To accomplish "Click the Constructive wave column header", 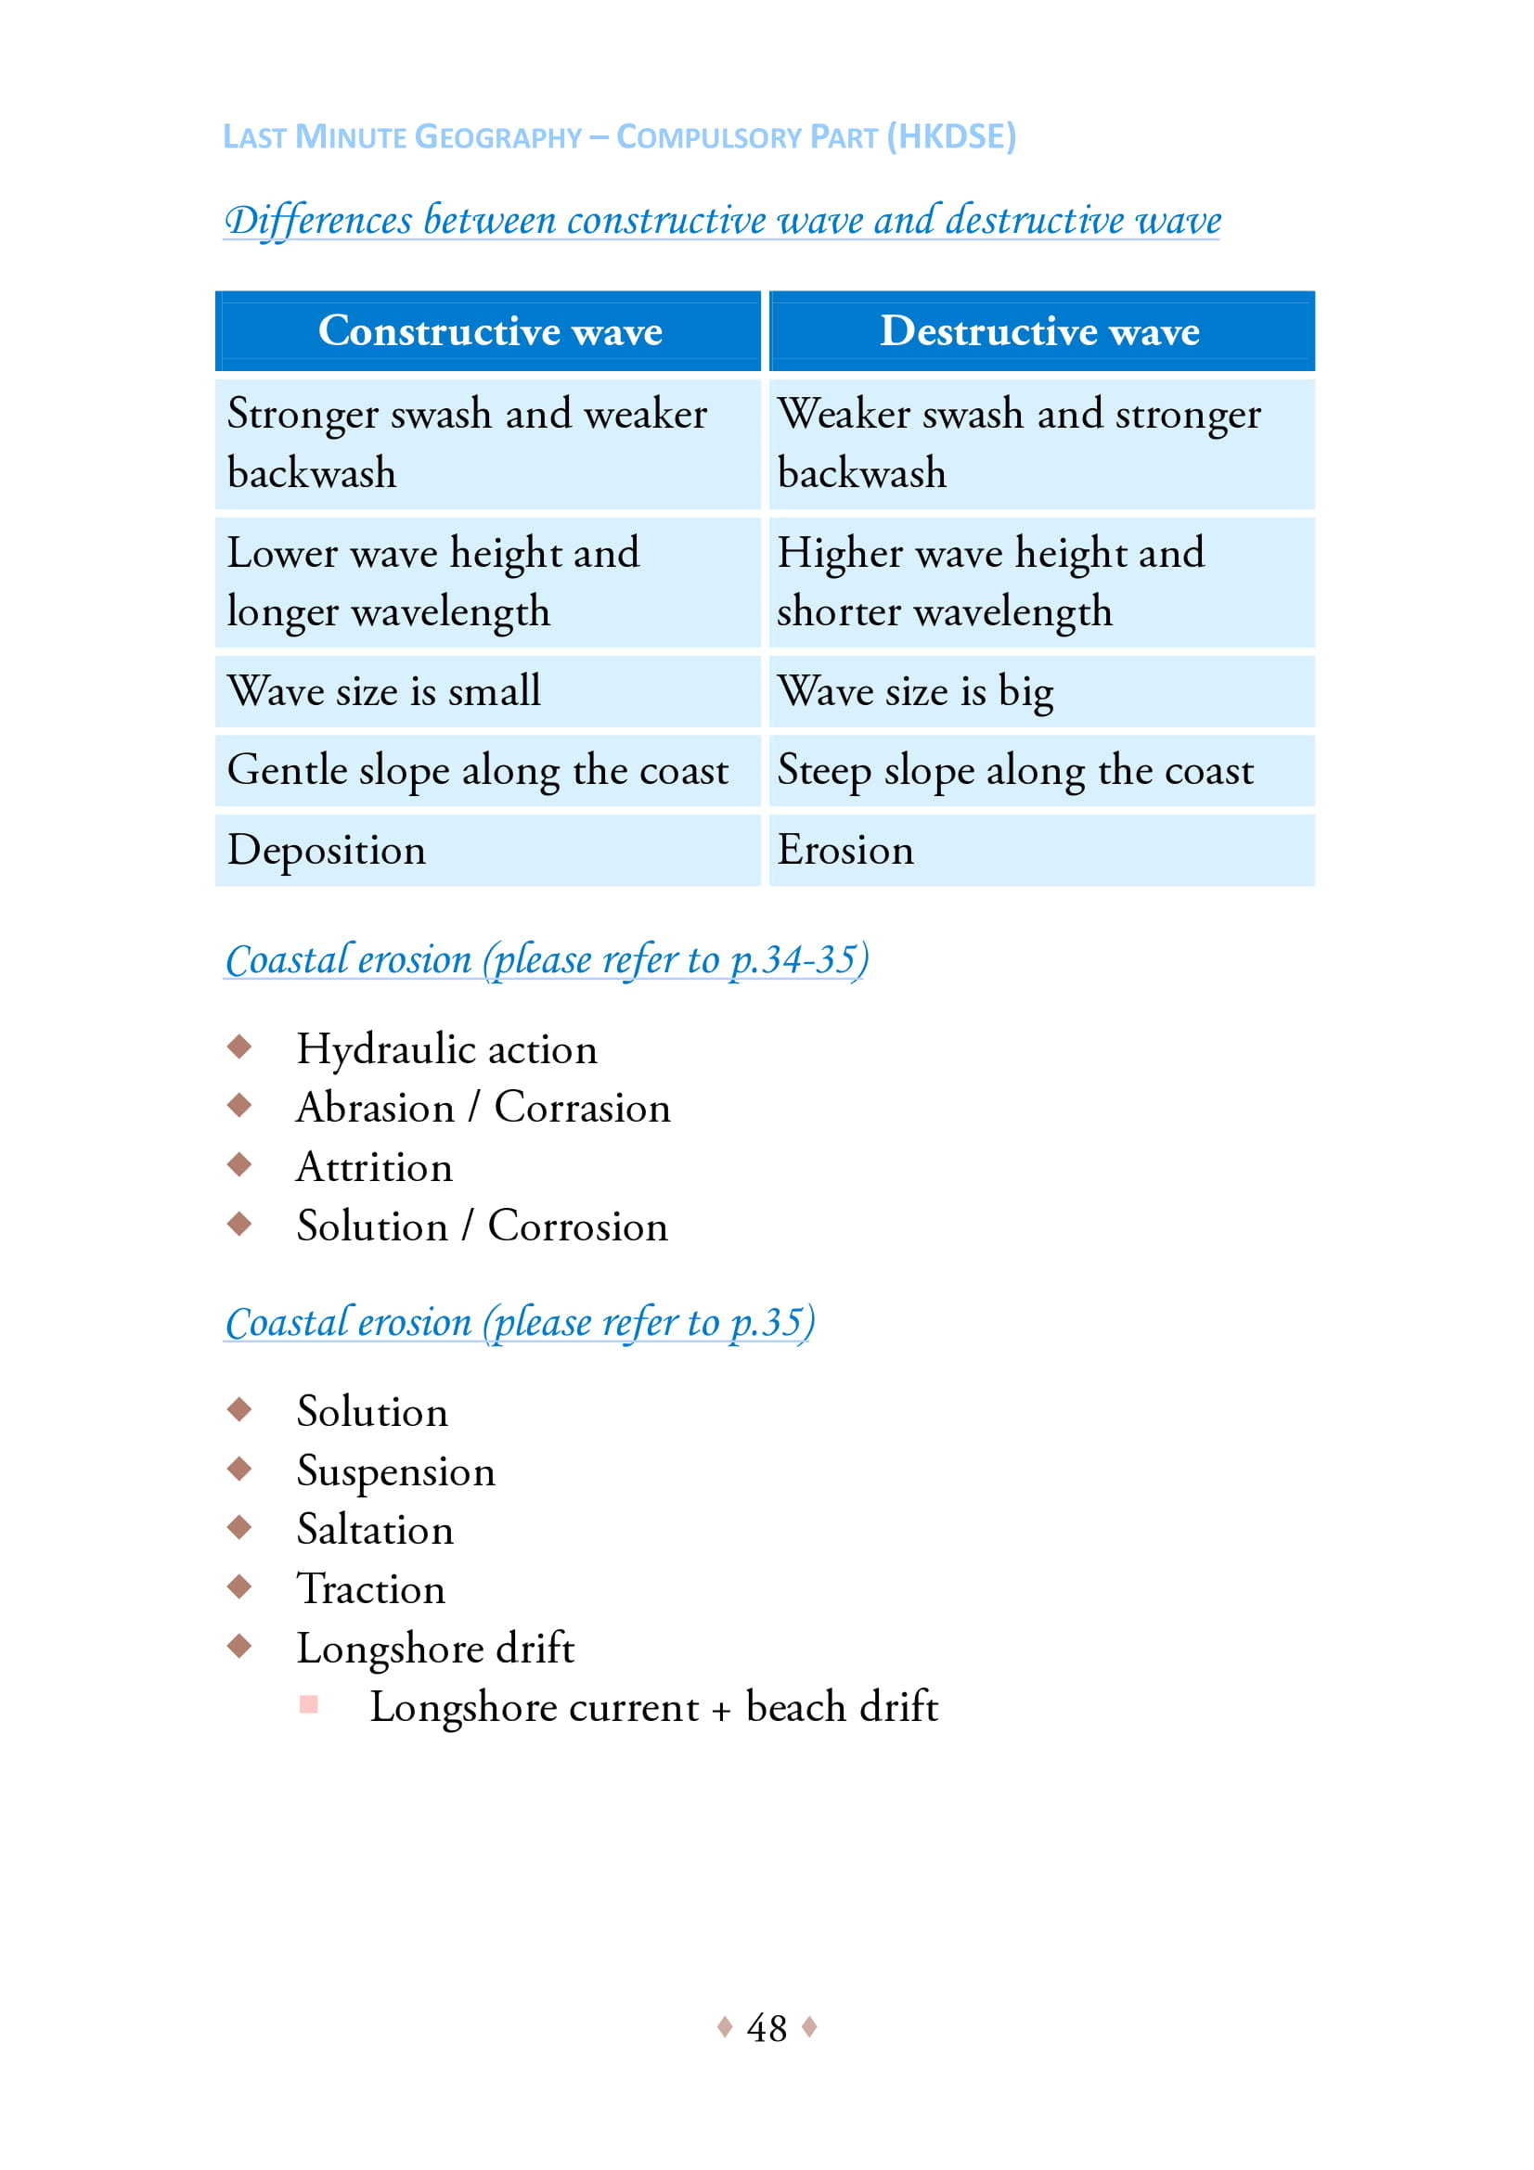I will [490, 331].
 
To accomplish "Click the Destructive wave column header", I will [1039, 331].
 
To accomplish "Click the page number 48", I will [766, 2027].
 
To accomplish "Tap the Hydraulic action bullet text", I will [446, 1049].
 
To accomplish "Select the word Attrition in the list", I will [374, 1167].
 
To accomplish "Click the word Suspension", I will [395, 1470].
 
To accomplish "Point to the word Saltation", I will [374, 1529].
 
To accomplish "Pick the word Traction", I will [370, 1588].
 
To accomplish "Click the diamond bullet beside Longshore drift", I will [239, 1647].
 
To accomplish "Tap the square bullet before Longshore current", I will [308, 1704].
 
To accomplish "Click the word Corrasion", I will [582, 1108].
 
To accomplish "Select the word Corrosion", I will [577, 1226].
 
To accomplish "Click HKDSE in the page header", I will [952, 136].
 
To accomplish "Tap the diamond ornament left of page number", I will [725, 2026].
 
